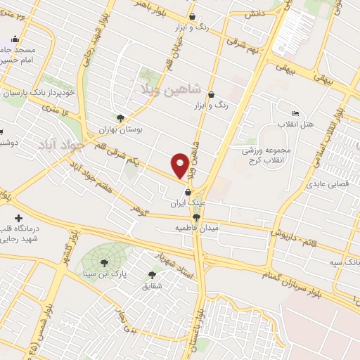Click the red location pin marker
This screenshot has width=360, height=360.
pos(180,165)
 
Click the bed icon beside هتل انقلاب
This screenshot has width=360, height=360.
pos(295,114)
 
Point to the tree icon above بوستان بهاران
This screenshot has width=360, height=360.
pos(120,119)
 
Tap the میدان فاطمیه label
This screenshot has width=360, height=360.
pos(198,229)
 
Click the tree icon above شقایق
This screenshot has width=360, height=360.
pos(152,275)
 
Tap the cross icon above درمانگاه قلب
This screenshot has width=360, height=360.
pos(19,219)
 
